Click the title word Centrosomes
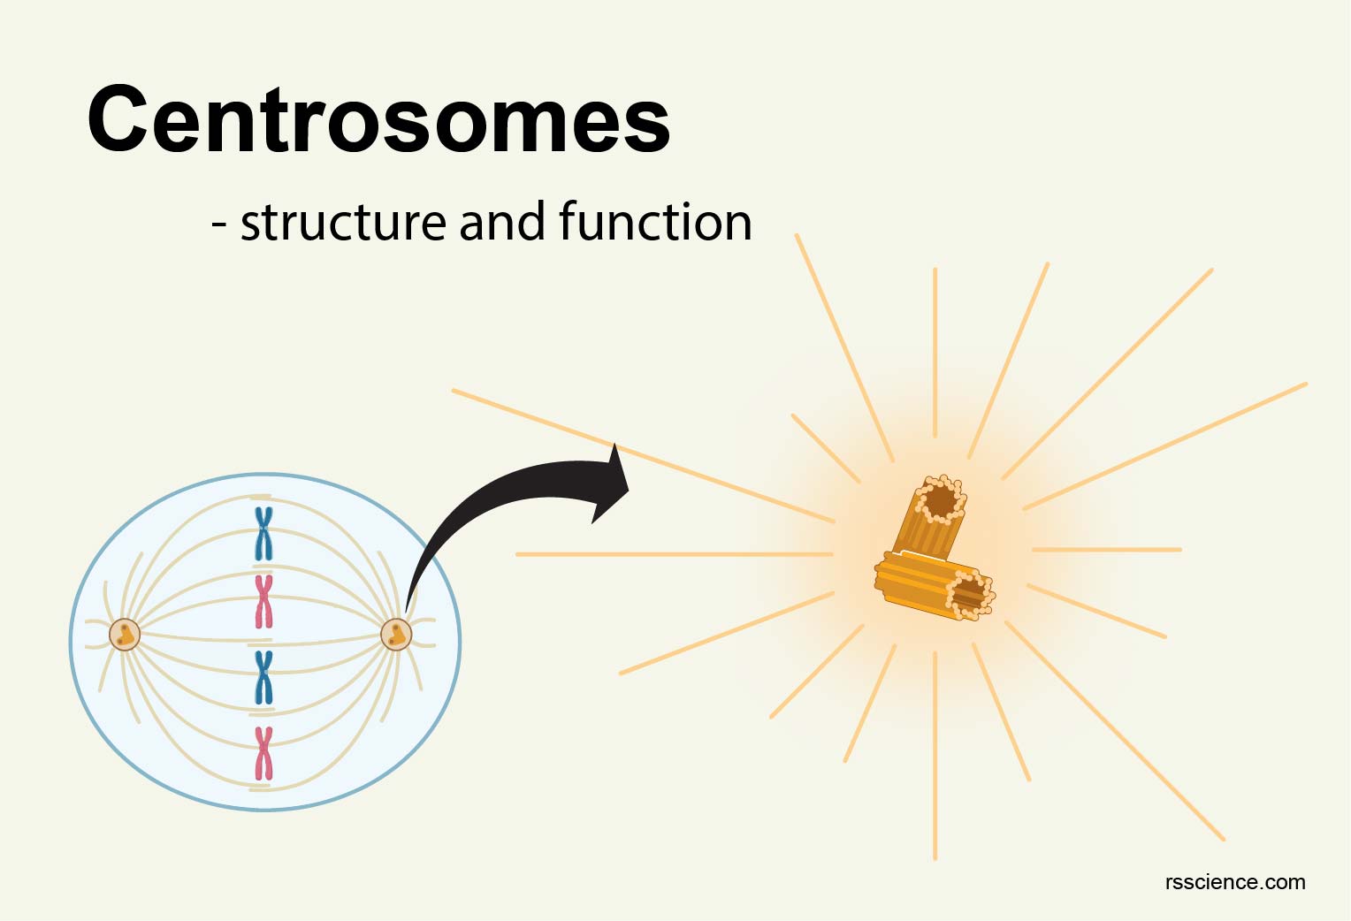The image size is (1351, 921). (x=378, y=119)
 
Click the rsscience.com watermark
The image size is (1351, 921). (x=1234, y=881)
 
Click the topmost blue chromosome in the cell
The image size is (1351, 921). (x=263, y=534)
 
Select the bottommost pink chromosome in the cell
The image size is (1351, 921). (x=263, y=754)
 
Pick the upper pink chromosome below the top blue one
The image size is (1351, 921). (x=263, y=601)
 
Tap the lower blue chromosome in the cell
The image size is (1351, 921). (x=263, y=677)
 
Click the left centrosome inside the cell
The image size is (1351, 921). (x=125, y=634)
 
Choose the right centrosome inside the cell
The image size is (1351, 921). (x=396, y=634)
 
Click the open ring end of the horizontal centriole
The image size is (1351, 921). (x=970, y=593)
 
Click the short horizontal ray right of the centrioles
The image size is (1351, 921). (x=1106, y=550)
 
